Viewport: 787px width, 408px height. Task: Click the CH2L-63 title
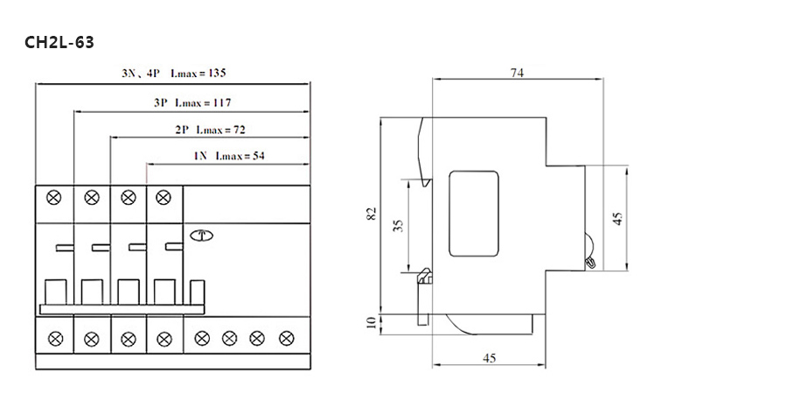pos(59,43)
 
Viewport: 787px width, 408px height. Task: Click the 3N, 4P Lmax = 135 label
pos(174,73)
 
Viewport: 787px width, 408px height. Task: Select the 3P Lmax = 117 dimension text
pos(192,102)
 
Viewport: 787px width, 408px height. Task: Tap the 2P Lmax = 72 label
pos(210,130)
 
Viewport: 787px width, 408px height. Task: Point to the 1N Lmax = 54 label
pos(229,156)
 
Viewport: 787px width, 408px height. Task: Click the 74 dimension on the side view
pos(517,73)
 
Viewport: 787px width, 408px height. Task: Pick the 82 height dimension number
pos(372,214)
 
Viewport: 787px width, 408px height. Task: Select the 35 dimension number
pos(399,225)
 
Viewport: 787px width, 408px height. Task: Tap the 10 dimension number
pos(372,322)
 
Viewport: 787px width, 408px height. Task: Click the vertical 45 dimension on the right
pos(618,218)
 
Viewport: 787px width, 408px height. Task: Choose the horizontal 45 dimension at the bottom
pos(490,358)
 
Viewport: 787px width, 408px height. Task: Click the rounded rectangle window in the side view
pos(474,214)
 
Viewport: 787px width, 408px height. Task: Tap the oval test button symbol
pos(202,235)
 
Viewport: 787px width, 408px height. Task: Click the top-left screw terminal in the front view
pos(53,198)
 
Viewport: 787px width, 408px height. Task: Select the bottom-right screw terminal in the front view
pos(287,338)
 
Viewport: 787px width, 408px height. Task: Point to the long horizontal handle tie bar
pos(122,310)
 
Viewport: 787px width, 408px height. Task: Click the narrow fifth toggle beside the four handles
pos(198,292)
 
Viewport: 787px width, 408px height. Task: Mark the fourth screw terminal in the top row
pos(164,198)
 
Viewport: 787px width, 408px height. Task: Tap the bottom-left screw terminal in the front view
pos(55,339)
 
